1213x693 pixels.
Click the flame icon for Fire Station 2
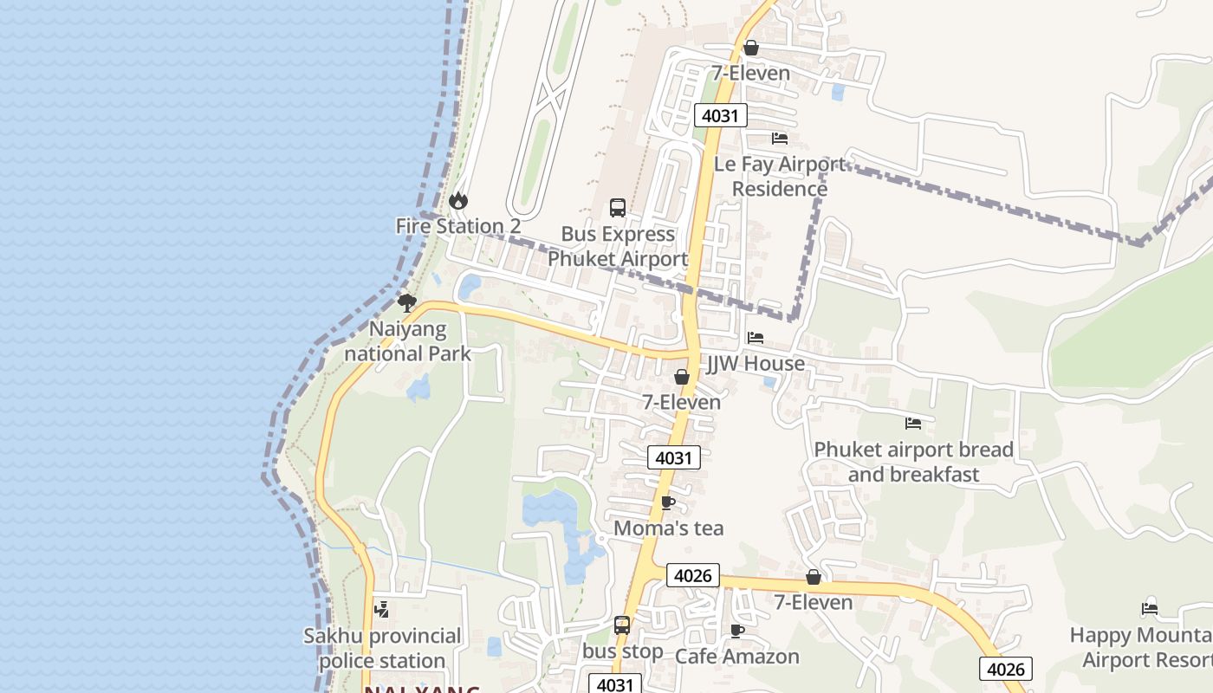pos(457,201)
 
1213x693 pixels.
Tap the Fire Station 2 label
pos(457,226)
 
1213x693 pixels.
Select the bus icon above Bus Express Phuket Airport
pos(618,208)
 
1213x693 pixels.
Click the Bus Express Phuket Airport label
pos(618,246)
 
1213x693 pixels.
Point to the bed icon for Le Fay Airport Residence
pos(780,139)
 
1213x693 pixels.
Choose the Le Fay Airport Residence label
pos(780,176)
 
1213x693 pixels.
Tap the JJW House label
pos(756,364)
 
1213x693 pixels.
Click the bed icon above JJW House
pos(756,338)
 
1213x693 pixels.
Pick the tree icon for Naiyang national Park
pos(406,302)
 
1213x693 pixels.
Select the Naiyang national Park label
pos(407,341)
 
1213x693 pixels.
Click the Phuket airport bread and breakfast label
pos(913,462)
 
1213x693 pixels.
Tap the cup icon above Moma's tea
pos(668,503)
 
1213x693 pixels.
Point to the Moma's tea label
pos(668,528)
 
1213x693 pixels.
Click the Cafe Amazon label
pos(736,657)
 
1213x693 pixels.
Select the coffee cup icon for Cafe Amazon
pos(736,631)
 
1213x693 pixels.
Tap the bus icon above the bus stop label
pos(622,625)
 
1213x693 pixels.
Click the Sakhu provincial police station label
pos(382,648)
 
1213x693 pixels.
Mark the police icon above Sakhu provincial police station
pos(381,610)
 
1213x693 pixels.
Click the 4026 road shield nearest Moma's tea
pos(693,575)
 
